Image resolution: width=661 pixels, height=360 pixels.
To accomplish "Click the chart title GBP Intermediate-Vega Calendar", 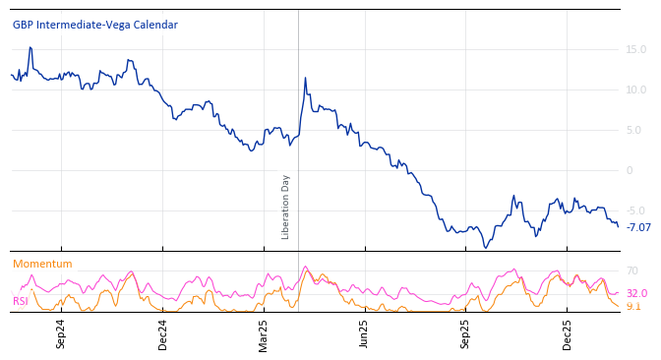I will pyautogui.click(x=95, y=25).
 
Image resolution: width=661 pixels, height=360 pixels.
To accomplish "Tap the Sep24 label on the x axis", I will pyautogui.click(x=61, y=333).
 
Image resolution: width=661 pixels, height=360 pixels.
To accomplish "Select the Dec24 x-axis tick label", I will pyautogui.click(x=163, y=333).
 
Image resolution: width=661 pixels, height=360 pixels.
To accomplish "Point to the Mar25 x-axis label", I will pyautogui.click(x=264, y=333).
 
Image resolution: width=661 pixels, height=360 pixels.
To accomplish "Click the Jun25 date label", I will pyautogui.click(x=364, y=333).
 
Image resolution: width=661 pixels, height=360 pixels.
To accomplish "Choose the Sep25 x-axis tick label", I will pyautogui.click(x=466, y=333).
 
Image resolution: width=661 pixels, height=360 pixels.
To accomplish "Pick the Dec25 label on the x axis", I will pyautogui.click(x=568, y=333).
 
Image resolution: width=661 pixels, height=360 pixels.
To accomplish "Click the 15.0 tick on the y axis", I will pyautogui.click(x=636, y=49).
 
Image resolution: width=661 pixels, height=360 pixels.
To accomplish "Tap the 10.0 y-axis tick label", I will pyautogui.click(x=636, y=90).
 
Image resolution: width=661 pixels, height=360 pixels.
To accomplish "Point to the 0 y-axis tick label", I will pyautogui.click(x=631, y=170).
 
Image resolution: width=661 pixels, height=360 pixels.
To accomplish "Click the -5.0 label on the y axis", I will pyautogui.click(x=636, y=210).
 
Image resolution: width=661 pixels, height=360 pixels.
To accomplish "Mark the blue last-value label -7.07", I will pyautogui.click(x=638, y=227).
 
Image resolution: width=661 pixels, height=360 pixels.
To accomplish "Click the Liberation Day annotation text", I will pyautogui.click(x=286, y=207).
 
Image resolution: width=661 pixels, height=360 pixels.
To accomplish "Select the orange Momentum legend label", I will pyautogui.click(x=42, y=264).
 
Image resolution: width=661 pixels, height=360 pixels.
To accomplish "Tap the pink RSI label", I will pyautogui.click(x=20, y=301).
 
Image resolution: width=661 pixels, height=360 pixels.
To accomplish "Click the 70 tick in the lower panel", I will pyautogui.click(x=632, y=270).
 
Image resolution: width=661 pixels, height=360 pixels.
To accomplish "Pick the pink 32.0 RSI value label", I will pyautogui.click(x=636, y=293).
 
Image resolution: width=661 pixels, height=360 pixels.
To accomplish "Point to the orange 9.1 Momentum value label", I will pyautogui.click(x=633, y=306).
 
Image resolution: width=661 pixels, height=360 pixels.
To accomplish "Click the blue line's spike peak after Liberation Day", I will pyautogui.click(x=305, y=78).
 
